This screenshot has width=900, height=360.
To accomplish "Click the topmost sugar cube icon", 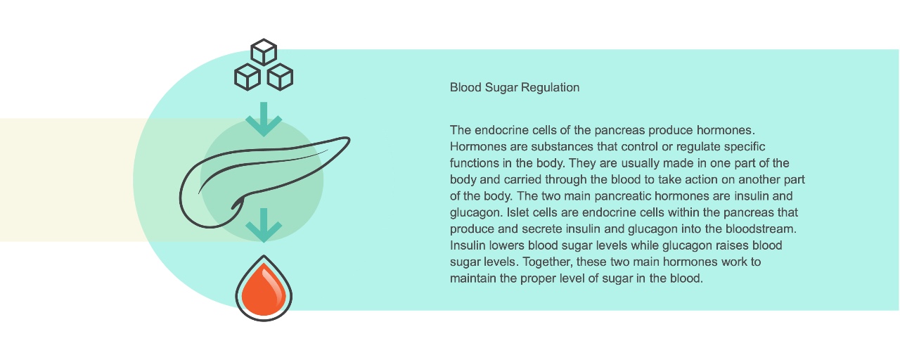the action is tap(264, 52).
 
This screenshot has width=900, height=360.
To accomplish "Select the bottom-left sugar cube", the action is tap(247, 77).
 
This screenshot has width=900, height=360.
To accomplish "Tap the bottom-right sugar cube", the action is tap(280, 77).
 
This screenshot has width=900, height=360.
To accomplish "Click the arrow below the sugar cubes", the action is tap(264, 120).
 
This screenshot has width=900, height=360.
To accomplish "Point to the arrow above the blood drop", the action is tap(264, 226).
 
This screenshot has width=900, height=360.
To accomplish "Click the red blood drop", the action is tap(264, 288).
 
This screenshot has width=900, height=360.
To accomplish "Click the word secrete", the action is tap(580, 229).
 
